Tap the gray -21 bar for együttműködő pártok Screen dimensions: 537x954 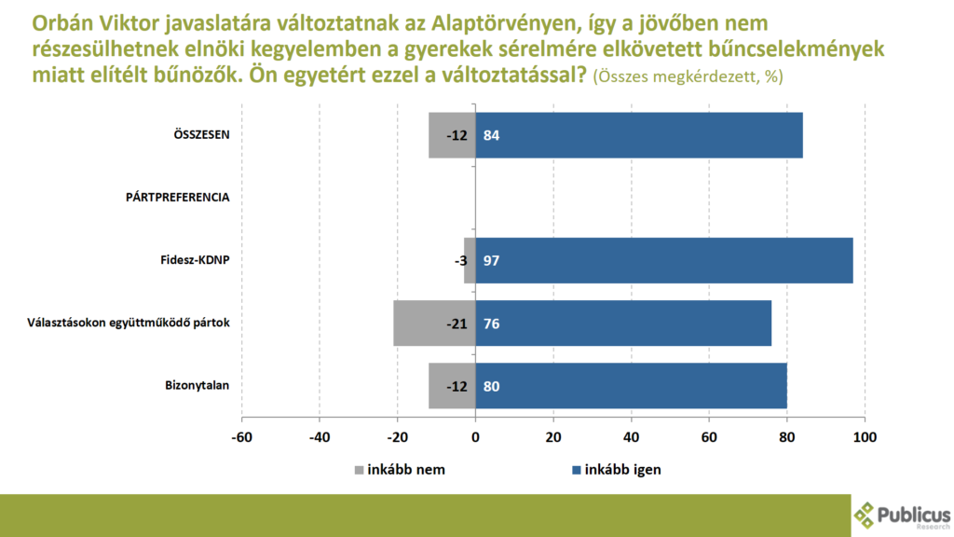[434, 323]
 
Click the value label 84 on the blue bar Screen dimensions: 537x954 [492, 135]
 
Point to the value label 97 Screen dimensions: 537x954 [492, 260]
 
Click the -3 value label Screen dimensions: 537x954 [457, 260]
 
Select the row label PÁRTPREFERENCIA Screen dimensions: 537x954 [178, 197]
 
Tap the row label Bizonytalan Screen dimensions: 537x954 [198, 384]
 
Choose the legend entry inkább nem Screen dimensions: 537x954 [399, 469]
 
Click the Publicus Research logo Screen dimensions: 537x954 [903, 514]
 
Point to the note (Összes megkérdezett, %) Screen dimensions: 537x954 [688, 77]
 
